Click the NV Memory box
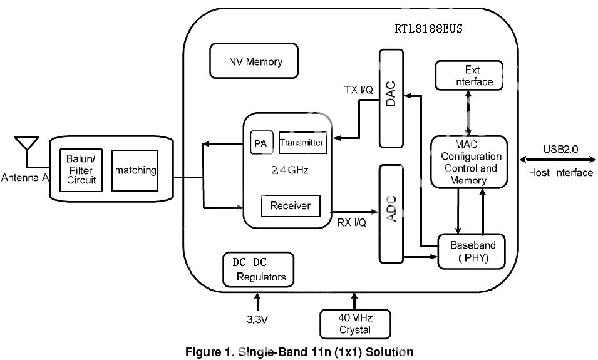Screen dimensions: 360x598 254,61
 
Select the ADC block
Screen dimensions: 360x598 391,213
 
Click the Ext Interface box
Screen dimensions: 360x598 469,76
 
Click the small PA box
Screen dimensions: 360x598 260,143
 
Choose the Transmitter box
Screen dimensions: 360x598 302,143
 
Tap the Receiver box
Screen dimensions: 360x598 290,205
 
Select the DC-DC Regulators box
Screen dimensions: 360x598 257,269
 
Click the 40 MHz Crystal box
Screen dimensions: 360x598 354,324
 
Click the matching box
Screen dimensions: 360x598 135,170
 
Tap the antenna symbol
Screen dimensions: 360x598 26,145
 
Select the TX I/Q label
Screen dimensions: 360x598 358,90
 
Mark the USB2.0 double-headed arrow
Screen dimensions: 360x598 557,160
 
